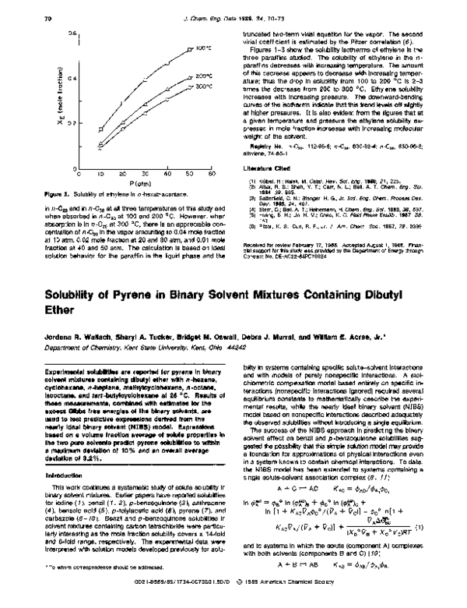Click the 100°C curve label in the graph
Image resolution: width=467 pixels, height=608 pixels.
pos(203,48)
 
